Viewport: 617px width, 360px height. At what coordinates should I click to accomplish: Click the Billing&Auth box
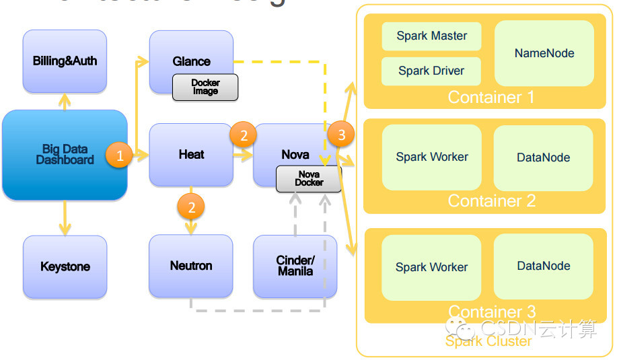click(x=65, y=61)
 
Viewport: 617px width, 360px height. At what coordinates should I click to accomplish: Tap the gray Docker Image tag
click(x=205, y=87)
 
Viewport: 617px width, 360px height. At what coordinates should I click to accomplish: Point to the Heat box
click(x=191, y=155)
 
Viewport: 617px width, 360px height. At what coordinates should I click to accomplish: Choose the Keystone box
click(x=65, y=266)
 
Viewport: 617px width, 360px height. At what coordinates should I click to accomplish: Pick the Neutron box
click(x=191, y=266)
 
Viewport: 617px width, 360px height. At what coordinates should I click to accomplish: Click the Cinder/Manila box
click(x=295, y=266)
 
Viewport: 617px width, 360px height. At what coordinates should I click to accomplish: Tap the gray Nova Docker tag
click(x=309, y=178)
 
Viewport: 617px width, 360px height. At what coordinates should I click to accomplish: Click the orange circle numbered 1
click(x=120, y=157)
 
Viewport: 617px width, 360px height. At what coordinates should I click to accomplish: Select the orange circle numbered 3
click(x=341, y=135)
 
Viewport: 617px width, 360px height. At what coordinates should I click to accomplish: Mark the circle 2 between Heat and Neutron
click(x=191, y=207)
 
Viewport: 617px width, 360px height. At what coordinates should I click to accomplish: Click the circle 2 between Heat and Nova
click(x=243, y=135)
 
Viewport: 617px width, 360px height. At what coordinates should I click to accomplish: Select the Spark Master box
click(x=431, y=36)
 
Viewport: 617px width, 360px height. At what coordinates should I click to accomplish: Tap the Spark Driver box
click(x=431, y=71)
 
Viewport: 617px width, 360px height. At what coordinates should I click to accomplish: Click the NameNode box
click(x=544, y=53)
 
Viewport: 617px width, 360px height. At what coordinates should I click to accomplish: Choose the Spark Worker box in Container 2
click(x=431, y=157)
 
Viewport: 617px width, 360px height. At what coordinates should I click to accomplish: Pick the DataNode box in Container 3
click(x=544, y=266)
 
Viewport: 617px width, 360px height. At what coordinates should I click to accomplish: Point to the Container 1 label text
click(x=491, y=98)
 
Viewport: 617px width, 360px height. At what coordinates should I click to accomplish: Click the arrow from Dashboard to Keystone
click(x=65, y=218)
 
